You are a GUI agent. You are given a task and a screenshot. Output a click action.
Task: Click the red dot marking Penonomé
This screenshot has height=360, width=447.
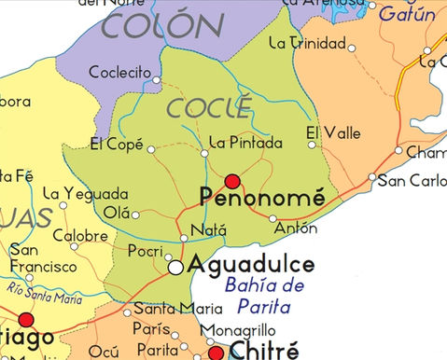coord(232,181)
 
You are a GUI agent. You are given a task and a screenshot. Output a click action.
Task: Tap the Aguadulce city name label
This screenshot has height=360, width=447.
coord(251,265)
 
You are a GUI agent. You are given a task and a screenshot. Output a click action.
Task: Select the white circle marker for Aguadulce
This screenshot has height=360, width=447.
coord(175,268)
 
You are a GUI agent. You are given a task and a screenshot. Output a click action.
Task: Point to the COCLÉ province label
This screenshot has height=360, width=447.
coord(198,107)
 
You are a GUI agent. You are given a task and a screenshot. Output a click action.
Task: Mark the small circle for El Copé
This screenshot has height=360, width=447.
coord(150,146)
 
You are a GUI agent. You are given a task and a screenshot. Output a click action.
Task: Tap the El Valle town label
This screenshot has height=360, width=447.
coord(333,133)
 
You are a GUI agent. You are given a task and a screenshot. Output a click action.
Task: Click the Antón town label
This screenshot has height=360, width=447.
coord(296,228)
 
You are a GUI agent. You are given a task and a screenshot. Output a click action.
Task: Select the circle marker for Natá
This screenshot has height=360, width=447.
coord(184,238)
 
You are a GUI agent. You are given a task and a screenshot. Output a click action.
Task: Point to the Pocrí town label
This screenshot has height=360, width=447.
coord(145,253)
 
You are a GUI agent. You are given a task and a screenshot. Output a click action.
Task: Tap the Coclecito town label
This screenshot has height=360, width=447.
coord(119,72)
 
